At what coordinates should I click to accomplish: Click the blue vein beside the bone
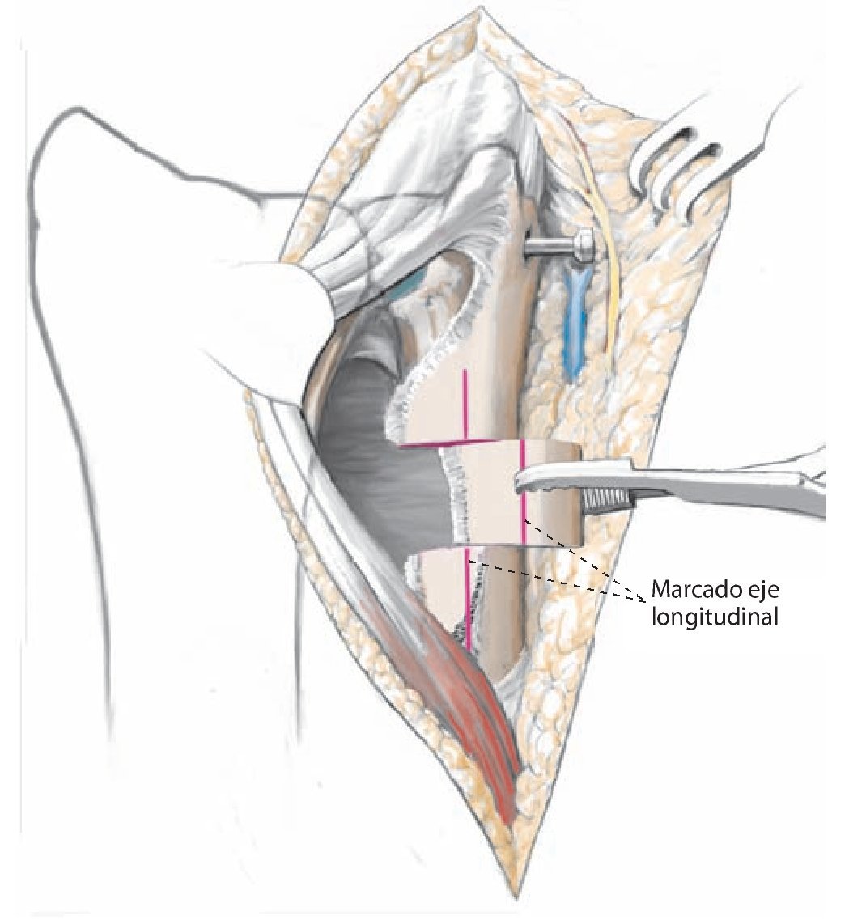pos(575,324)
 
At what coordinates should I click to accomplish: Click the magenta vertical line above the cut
pos(465,405)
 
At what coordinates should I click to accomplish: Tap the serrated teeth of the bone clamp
pos(605,502)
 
